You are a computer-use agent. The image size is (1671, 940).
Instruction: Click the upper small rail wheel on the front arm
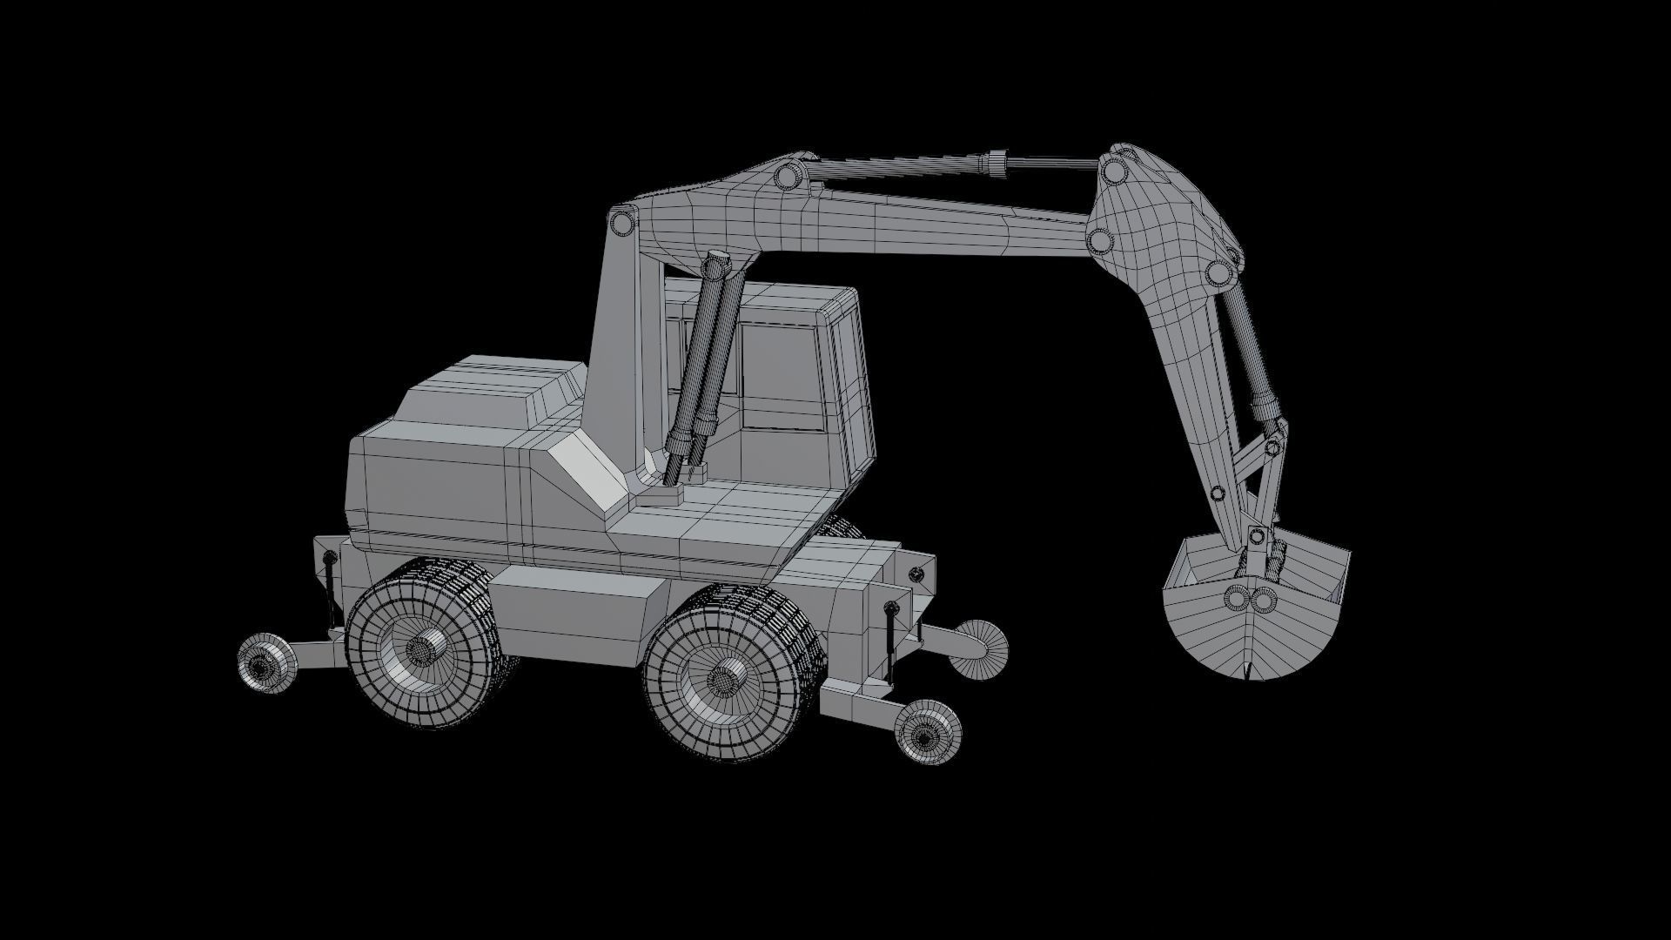coord(979,648)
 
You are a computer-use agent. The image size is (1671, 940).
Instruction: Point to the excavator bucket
coord(1253,609)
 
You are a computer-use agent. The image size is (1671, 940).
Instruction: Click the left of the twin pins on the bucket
coord(1235,598)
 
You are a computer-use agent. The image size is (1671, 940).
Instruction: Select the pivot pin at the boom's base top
coord(621,223)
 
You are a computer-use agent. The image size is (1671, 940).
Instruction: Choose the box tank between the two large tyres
coord(574,614)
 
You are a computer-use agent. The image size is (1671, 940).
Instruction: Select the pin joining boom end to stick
coord(1099,239)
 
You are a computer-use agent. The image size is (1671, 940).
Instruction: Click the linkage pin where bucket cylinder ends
coord(1272,447)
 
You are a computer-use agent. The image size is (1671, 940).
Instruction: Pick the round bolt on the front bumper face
coord(916,574)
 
